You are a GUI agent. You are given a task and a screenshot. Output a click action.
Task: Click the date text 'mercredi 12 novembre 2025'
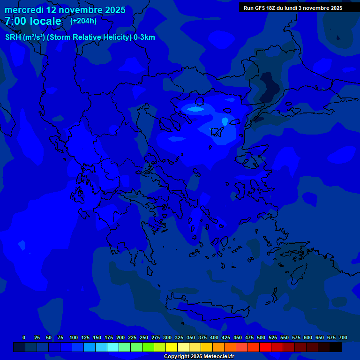pos(65,10)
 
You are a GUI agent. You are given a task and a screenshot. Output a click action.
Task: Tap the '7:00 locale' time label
pos(33,21)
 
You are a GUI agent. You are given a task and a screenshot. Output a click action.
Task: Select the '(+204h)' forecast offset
pos(83,21)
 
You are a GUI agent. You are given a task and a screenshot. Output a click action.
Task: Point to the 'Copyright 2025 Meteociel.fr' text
pos(199,357)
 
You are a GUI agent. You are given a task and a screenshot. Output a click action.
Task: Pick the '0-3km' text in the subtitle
pos(144,37)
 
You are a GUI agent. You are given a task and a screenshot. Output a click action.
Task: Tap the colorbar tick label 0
pos(24,337)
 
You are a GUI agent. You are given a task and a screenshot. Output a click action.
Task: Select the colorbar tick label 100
pos(74,337)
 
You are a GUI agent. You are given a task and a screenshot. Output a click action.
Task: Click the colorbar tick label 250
pos(144,337)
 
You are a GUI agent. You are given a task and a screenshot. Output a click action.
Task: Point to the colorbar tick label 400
pos(214,337)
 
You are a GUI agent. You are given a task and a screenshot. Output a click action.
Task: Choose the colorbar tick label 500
pos(261,337)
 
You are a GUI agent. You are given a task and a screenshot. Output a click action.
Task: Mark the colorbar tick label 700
pos(343,337)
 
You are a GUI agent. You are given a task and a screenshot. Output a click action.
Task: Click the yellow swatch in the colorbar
pos(172,347)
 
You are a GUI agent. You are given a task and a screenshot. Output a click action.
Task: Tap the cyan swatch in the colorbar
pos(113,347)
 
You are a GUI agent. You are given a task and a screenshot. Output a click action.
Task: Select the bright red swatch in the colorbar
pos(265,347)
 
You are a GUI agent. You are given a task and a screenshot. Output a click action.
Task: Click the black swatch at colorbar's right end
pos(336,347)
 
